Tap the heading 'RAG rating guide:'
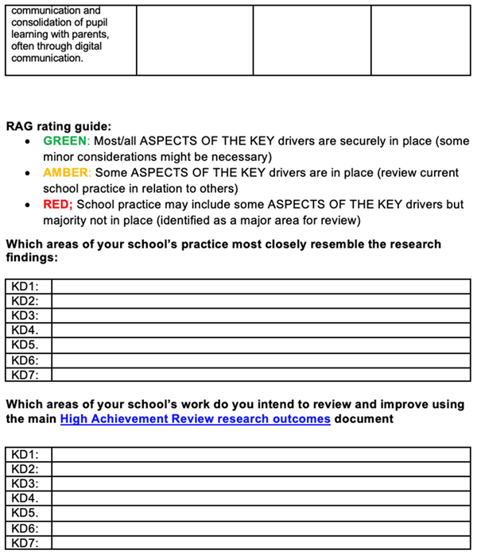click(x=59, y=125)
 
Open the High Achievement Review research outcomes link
click(x=195, y=418)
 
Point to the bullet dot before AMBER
click(x=29, y=173)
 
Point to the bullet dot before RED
click(x=29, y=205)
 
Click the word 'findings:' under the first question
click(x=33, y=258)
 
